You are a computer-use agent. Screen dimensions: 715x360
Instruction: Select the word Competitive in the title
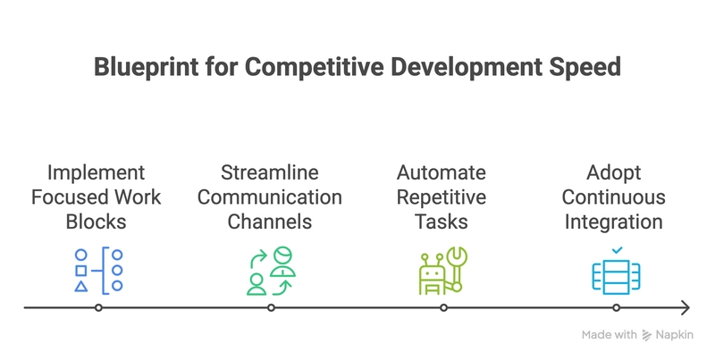click(x=315, y=67)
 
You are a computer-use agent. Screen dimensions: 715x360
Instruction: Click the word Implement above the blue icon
click(x=97, y=173)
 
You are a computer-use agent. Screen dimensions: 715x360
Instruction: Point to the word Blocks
click(x=97, y=222)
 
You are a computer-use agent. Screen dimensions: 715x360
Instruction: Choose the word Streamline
click(x=270, y=172)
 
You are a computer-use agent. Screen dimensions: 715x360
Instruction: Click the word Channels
click(x=270, y=222)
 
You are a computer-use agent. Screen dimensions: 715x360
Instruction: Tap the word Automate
click(x=442, y=172)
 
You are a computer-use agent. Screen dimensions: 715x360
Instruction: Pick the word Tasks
click(x=442, y=222)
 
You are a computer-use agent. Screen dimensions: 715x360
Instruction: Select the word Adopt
click(x=614, y=173)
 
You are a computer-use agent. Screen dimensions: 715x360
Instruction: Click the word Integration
click(x=614, y=222)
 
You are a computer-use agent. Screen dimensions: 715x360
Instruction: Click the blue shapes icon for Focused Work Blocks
click(x=99, y=271)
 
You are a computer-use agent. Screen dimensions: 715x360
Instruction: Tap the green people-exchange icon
click(x=272, y=271)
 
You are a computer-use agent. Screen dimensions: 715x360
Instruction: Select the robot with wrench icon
click(x=443, y=271)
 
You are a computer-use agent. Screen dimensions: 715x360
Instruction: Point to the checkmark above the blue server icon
click(x=617, y=250)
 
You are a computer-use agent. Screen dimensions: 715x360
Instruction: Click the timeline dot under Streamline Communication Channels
click(x=271, y=308)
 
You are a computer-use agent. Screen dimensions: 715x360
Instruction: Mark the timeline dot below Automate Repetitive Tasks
click(x=443, y=308)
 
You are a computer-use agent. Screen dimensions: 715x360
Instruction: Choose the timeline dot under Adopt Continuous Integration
click(x=616, y=308)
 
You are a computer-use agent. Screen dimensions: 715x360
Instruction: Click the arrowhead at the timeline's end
click(x=686, y=308)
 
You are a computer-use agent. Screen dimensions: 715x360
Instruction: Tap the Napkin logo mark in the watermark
click(x=646, y=335)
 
